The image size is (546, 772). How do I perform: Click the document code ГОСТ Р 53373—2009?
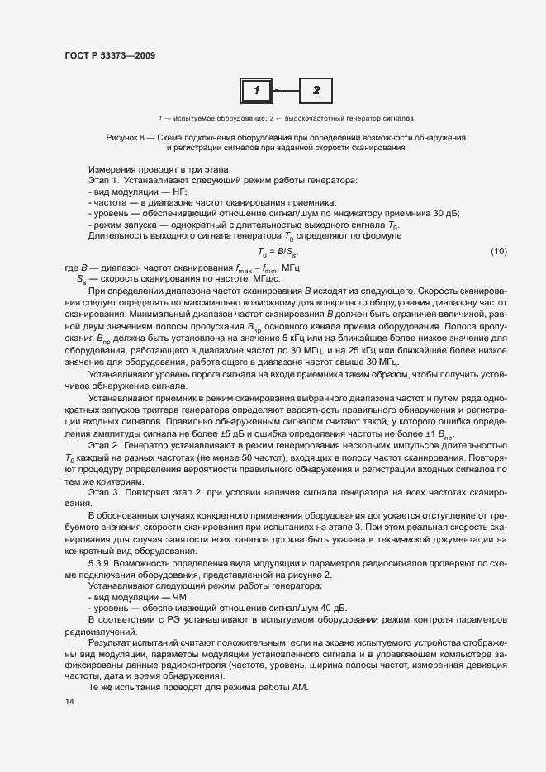[x=109, y=55]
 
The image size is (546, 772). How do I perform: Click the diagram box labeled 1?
[x=256, y=90]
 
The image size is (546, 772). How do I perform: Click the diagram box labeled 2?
[x=316, y=90]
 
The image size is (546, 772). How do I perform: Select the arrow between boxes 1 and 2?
[x=286, y=90]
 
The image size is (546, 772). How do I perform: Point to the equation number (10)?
[x=498, y=251]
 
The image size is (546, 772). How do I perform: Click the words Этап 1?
[x=104, y=179]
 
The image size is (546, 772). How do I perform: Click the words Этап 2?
[x=104, y=446]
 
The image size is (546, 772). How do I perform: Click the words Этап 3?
[x=104, y=492]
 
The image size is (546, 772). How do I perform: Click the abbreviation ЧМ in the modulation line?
[x=179, y=596]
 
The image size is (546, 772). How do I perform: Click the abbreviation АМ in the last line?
[x=297, y=688]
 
